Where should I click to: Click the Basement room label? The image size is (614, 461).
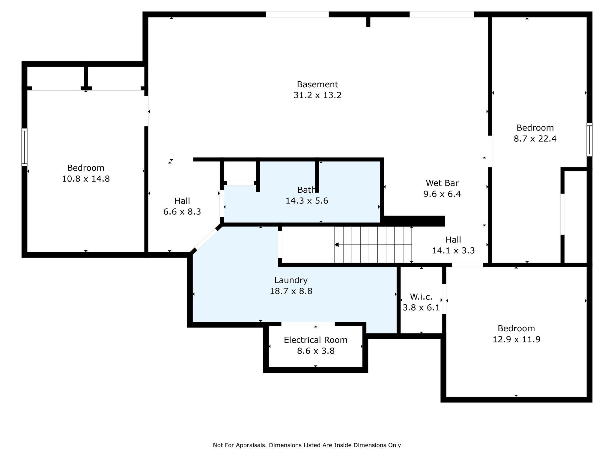pos(317,84)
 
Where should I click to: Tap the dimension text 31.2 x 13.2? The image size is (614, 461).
pos(317,95)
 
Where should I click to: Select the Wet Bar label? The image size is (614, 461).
pos(442,183)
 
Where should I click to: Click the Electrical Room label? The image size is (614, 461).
pos(316,340)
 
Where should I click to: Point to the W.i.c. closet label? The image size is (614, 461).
pos(421,297)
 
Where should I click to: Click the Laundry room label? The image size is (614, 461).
pos(291,280)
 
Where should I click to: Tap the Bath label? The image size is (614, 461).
pos(306,189)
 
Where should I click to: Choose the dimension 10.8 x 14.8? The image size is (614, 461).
pos(86,179)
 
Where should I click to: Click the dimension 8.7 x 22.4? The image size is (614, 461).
pos(535,138)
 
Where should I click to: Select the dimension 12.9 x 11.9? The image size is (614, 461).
pos(517,339)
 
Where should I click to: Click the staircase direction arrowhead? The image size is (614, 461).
pos(337,245)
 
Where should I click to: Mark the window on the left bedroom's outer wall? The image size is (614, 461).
pos(24,147)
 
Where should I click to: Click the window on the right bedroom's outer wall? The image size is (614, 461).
pos(589,140)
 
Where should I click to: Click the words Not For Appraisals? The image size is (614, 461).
pos(240,445)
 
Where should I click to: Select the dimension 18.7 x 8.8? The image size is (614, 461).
pos(291,291)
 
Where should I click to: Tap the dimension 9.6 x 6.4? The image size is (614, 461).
pos(442,194)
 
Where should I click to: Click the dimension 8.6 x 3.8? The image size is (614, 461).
pos(316,351)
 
